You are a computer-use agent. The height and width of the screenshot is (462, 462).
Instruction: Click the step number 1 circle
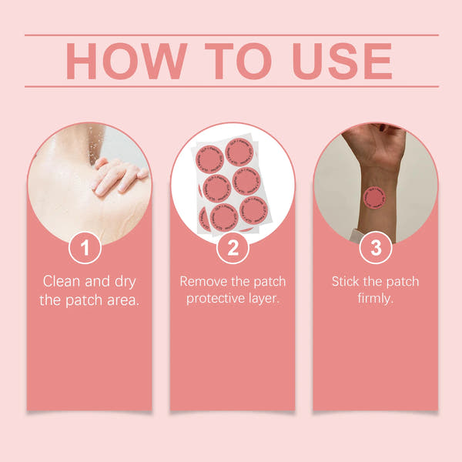tap(89, 248)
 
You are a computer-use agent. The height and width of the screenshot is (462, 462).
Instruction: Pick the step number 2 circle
tap(232, 248)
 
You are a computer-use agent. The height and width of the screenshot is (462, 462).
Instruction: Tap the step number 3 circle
tap(375, 248)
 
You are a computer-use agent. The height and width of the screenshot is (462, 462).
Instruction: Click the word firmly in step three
tap(375, 299)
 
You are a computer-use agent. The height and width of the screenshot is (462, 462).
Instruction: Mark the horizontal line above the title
tap(231, 35)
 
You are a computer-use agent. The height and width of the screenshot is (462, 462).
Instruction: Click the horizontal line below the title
tap(231, 86)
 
